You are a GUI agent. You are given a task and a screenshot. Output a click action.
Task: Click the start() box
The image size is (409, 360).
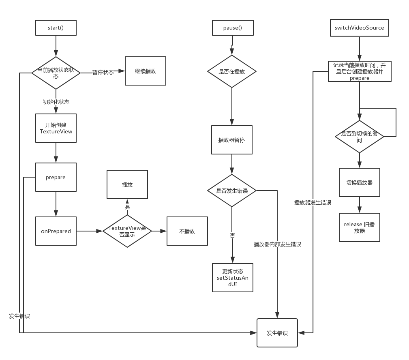tap(56, 28)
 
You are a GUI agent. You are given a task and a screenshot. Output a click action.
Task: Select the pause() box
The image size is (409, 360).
tap(233, 28)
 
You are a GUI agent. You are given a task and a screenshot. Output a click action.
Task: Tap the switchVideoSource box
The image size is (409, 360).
tap(359, 28)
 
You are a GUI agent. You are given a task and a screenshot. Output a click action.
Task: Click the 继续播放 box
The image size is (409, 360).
tap(145, 71)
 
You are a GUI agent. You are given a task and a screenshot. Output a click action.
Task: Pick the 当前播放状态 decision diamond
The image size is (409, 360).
tap(56, 72)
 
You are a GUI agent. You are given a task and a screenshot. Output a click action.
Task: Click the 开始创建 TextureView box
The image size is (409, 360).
tap(56, 128)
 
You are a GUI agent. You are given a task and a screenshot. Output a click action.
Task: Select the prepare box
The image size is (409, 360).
tap(56, 177)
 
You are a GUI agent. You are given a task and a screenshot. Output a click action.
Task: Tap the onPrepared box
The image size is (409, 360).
tap(56, 231)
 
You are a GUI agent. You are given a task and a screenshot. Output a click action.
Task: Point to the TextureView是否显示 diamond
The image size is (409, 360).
tap(127, 231)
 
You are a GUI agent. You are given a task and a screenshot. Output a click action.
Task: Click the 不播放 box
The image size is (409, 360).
tap(187, 231)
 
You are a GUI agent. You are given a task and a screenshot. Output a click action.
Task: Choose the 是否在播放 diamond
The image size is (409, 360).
tap(232, 71)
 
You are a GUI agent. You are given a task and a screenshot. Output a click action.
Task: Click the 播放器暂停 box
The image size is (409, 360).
tap(231, 140)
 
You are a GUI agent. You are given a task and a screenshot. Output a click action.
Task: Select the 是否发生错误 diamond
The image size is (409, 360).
tap(232, 191)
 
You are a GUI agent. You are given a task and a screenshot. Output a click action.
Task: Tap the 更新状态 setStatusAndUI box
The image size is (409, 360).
tap(233, 278)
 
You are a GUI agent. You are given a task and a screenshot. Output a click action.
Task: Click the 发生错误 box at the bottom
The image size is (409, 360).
tap(277, 333)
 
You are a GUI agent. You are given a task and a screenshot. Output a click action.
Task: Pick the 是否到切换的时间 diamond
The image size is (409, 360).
tap(359, 137)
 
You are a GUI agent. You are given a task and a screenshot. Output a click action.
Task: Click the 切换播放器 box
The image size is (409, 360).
tap(359, 182)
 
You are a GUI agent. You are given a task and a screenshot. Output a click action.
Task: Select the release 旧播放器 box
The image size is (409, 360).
tap(359, 227)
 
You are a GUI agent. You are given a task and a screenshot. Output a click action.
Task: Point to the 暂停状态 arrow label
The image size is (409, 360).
tap(103, 72)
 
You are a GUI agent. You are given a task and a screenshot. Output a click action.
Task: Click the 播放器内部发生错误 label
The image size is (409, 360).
tap(277, 244)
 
